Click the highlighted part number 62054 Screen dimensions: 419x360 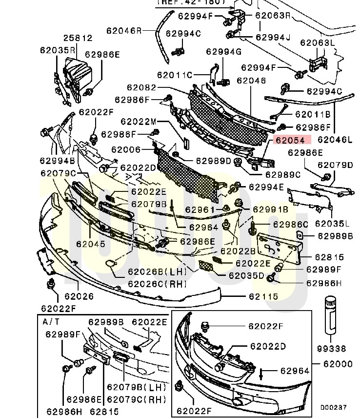pyautogui.click(x=290, y=140)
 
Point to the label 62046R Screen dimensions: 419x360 pyautogui.click(x=124, y=30)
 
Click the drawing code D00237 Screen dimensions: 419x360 pyautogui.click(x=333, y=407)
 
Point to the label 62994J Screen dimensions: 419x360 pyautogui.click(x=272, y=37)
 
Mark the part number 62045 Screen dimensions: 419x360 pyautogui.click(x=90, y=243)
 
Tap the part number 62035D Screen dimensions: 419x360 pyautogui.click(x=247, y=276)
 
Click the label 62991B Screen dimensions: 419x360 pyautogui.click(x=271, y=209)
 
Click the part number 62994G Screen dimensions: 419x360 pyautogui.click(x=223, y=52)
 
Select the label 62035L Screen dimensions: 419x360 pyautogui.click(x=333, y=224)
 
